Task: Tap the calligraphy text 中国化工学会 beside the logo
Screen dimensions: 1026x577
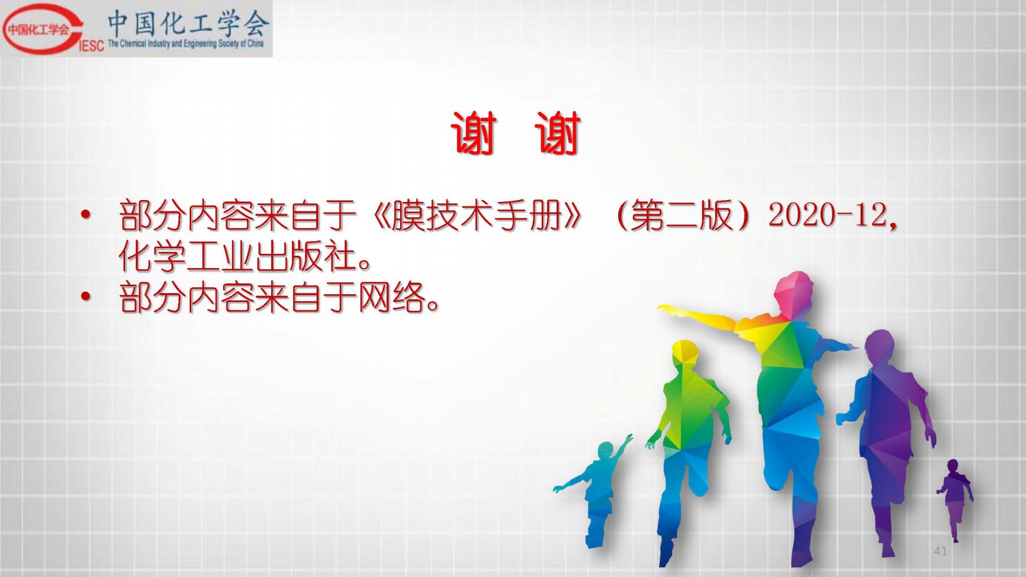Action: pos(188,24)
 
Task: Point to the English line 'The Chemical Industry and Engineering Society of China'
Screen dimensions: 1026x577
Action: pos(186,44)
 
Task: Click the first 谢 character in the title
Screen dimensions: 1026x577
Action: pos(474,133)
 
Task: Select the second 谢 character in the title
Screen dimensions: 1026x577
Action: pos(558,133)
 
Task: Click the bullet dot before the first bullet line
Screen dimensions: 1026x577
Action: pos(85,215)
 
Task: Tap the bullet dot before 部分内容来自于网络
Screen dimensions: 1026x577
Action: pos(85,297)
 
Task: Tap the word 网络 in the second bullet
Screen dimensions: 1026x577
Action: pos(392,297)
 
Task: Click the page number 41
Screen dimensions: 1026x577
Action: pos(940,551)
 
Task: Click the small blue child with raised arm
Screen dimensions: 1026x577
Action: pos(596,492)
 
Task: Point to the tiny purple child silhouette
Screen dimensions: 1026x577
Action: pos(955,499)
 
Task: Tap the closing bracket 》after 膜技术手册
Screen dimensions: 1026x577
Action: pos(573,215)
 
